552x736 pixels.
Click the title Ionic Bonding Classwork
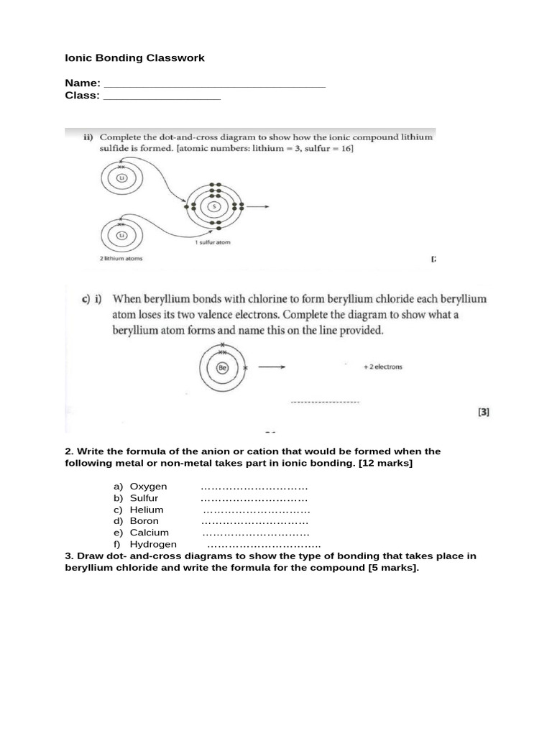[135, 57]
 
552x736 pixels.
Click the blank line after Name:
[214, 86]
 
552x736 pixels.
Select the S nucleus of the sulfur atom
[213, 206]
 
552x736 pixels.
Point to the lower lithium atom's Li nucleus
[122, 235]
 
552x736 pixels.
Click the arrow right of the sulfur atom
[260, 206]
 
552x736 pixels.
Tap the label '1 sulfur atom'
[213, 243]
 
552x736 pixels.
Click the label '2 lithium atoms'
[121, 259]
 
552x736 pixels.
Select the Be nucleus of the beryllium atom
[223, 367]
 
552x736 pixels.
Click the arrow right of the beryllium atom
[272, 367]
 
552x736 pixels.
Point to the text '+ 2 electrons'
[382, 367]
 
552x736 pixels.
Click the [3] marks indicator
[483, 413]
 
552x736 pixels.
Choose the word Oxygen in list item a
[148, 487]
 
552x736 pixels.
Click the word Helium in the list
[147, 510]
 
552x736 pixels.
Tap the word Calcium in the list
[149, 533]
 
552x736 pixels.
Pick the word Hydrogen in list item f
[153, 544]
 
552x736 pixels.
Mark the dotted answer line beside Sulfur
[254, 499]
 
